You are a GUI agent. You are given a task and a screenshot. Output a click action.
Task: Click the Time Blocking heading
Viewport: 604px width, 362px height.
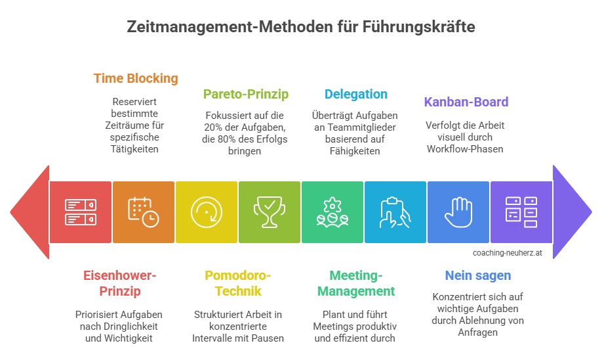(136, 78)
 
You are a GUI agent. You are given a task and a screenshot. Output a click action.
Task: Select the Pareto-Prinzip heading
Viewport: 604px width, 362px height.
(246, 94)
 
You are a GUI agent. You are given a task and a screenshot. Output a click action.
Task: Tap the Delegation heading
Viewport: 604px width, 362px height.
(356, 94)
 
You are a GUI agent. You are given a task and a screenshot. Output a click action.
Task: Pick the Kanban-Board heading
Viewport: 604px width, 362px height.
(466, 102)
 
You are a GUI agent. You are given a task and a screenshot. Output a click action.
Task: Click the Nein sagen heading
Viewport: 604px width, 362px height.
(478, 275)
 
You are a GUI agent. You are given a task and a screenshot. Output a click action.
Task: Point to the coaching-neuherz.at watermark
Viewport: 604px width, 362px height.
(508, 253)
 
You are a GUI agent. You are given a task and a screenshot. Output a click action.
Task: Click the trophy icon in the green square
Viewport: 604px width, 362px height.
(270, 212)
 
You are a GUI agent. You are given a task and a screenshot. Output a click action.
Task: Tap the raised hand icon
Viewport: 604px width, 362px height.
(458, 212)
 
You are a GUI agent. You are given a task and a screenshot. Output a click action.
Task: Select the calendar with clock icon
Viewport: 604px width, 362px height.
(144, 212)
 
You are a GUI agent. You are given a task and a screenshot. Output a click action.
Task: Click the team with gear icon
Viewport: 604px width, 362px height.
(332, 212)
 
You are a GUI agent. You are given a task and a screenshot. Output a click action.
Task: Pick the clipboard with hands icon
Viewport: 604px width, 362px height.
(395, 212)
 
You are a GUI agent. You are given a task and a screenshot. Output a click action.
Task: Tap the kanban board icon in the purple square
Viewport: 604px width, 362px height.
(521, 212)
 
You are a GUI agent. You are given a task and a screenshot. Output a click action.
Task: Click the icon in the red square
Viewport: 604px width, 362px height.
(81, 212)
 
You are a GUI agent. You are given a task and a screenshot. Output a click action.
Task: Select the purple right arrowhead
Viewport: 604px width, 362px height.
(572, 212)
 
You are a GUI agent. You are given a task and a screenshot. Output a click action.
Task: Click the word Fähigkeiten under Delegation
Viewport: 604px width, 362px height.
(355, 151)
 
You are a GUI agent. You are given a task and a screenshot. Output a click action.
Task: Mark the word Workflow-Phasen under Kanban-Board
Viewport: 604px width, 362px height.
(465, 149)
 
